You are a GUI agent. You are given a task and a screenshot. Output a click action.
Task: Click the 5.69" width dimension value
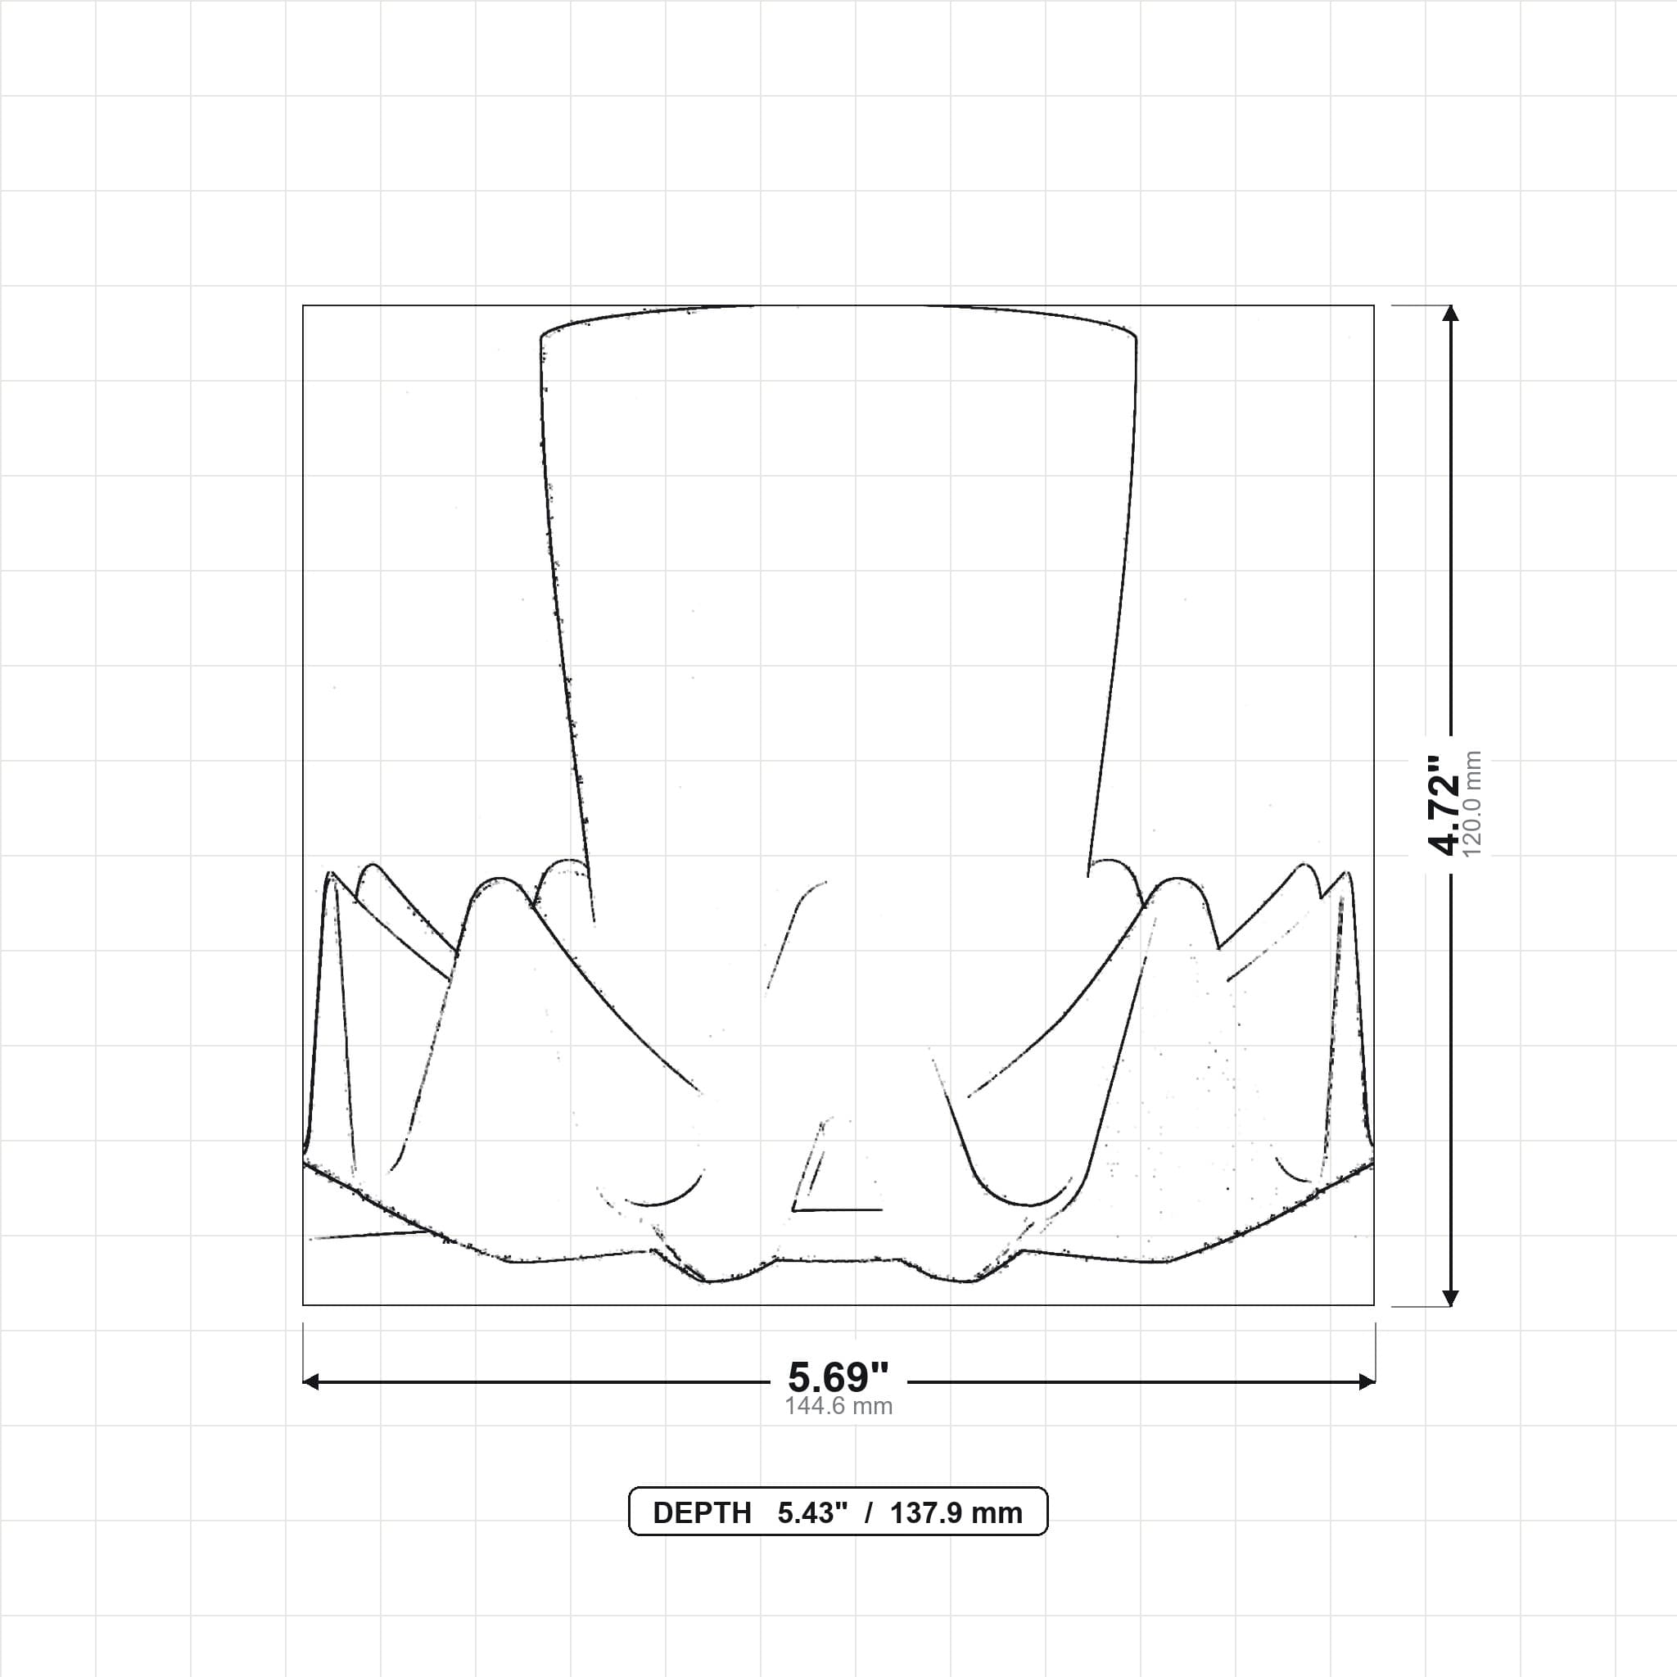pos(838,1376)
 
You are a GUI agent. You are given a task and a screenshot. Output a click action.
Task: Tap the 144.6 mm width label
pos(838,1406)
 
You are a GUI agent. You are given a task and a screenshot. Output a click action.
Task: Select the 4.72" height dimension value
pos(1444,805)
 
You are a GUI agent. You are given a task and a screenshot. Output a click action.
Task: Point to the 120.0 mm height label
pos(1472,805)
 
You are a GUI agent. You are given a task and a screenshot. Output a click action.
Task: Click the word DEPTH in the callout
pos(702,1513)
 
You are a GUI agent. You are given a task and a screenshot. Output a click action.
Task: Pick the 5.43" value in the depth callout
pos(812,1513)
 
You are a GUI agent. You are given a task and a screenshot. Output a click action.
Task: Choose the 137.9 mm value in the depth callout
pos(956,1513)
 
